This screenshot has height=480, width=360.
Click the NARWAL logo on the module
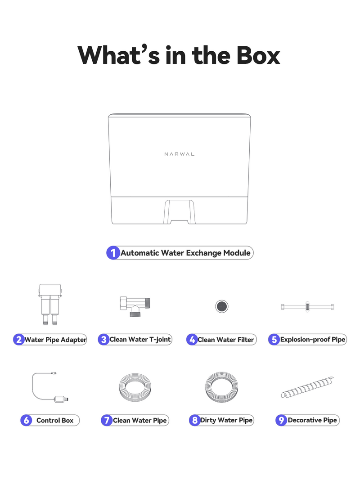tap(180, 154)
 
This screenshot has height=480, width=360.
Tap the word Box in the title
tap(258, 55)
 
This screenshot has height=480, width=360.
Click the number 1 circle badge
tap(113, 253)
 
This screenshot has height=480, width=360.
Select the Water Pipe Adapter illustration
tap(50, 304)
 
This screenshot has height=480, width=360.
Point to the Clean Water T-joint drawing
tap(135, 306)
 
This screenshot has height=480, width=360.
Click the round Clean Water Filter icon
tap(222, 306)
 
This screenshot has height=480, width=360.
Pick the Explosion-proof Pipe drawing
tap(307, 307)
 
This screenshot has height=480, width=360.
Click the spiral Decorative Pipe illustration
tap(307, 387)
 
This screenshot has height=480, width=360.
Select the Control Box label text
tap(55, 420)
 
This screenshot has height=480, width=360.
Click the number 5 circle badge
tap(274, 340)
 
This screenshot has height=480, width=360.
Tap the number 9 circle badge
tap(281, 420)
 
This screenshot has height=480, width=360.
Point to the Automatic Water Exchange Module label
tap(185, 253)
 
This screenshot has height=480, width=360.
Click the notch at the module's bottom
tap(180, 212)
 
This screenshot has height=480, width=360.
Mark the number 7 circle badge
tap(107, 420)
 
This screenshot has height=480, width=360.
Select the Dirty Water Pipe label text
tap(226, 420)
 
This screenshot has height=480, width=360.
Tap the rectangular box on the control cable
tap(59, 399)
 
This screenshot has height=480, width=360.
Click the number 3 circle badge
tap(104, 340)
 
